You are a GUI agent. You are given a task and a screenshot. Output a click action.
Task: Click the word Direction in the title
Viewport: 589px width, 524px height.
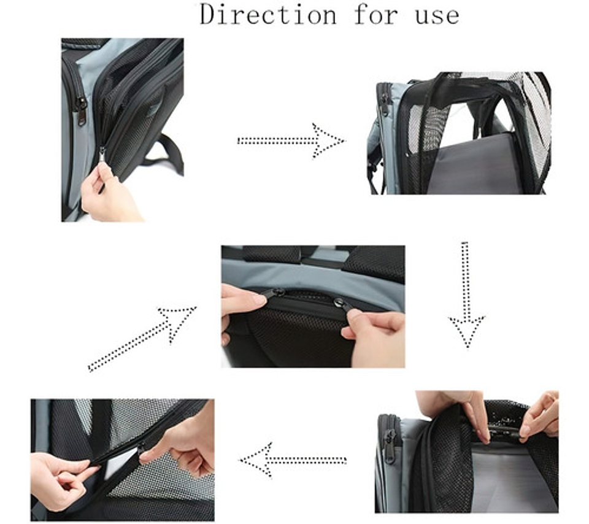(268, 14)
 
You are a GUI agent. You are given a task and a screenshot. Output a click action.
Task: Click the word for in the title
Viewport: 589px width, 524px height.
(375, 14)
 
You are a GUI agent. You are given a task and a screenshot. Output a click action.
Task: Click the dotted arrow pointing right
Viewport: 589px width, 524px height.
(291, 141)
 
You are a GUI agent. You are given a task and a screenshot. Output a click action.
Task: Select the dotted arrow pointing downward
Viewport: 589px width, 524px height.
(466, 295)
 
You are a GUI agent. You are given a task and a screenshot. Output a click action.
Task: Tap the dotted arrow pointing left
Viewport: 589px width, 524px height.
(293, 460)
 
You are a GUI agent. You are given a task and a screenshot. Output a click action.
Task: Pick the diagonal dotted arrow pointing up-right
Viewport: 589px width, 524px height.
(142, 339)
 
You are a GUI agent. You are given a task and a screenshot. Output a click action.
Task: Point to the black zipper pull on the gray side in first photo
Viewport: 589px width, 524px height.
(80, 111)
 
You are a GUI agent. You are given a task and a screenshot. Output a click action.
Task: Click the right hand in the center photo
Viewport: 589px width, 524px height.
(375, 336)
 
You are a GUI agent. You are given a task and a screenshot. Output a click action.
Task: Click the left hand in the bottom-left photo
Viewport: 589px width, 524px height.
(62, 481)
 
